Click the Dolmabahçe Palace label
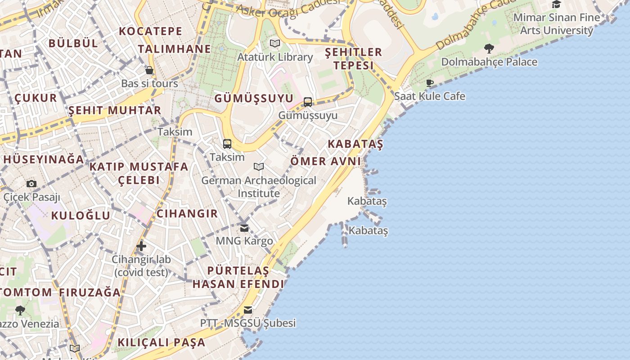click(489, 62)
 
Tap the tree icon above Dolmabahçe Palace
click(489, 48)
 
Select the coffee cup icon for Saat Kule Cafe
click(430, 83)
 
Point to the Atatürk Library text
click(275, 57)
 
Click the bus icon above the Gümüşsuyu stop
click(308, 102)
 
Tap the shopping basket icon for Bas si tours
click(149, 70)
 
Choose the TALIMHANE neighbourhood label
click(174, 49)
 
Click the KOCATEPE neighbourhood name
click(151, 31)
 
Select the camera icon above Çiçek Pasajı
click(31, 184)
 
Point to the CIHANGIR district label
click(187, 213)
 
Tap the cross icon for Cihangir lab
click(141, 246)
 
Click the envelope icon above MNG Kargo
click(244, 228)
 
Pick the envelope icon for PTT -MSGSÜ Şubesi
click(247, 310)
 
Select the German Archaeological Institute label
click(259, 187)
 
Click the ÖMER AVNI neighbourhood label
click(326, 161)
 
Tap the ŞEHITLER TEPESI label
click(353, 58)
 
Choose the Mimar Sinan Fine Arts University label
click(557, 24)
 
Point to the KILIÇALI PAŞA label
click(161, 342)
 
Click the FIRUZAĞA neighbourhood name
click(90, 292)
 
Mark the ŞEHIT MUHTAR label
click(115, 110)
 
